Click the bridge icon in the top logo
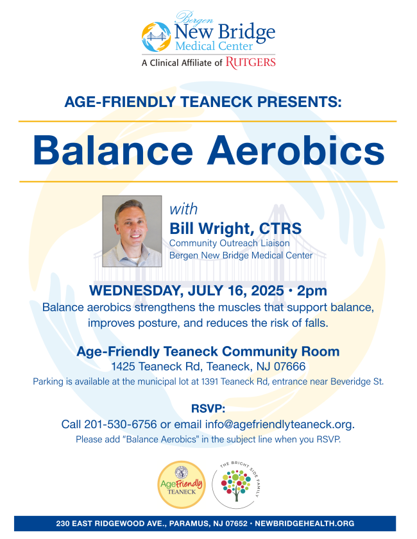coord(156,37)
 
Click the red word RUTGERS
coord(250,63)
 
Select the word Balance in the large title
coord(113,151)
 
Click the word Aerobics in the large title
coord(296,151)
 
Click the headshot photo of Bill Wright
coord(132,231)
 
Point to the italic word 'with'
coord(183,209)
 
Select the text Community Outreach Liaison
coord(230,243)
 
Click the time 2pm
coord(312,291)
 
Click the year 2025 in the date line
coord(268,290)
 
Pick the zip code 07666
coord(290,367)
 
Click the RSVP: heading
coord(208,409)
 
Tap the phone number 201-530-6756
coord(121,424)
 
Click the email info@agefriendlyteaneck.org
coord(280,424)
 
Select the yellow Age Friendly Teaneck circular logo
coord(182,485)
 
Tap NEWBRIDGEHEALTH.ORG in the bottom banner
coord(305,524)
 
